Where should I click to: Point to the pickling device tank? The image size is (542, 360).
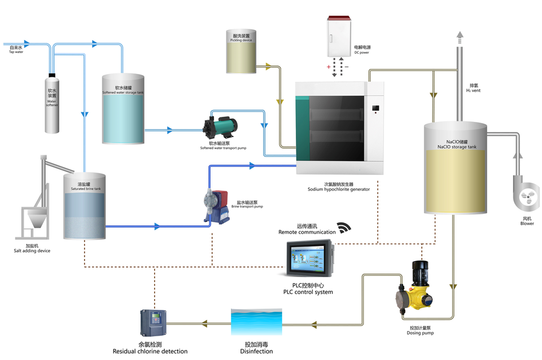pyautogui.click(x=241, y=52)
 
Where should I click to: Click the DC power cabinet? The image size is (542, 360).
pyautogui.click(x=340, y=38)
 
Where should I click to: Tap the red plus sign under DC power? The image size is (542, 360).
pyautogui.click(x=328, y=67)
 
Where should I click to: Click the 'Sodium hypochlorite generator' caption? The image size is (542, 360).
pyautogui.click(x=339, y=190)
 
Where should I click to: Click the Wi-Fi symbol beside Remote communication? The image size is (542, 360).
pyautogui.click(x=344, y=228)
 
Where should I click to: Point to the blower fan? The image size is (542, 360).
pyautogui.click(x=526, y=195)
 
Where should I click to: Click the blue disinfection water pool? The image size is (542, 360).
pyautogui.click(x=256, y=324)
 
